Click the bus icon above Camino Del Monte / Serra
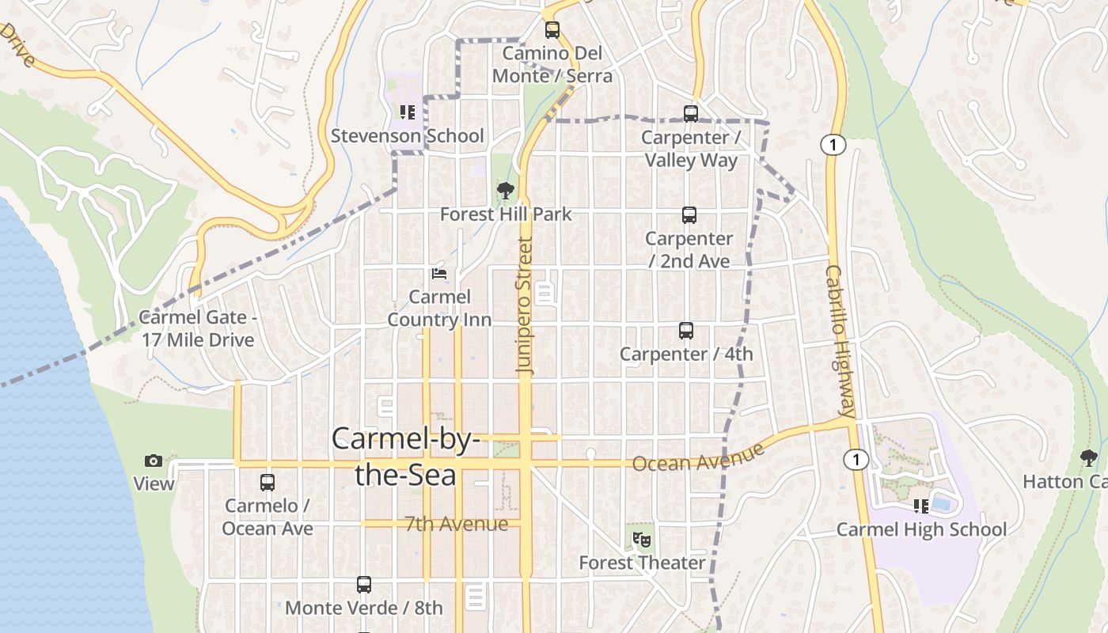pyautogui.click(x=552, y=30)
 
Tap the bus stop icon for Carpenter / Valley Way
pyautogui.click(x=691, y=114)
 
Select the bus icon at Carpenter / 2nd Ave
pyautogui.click(x=689, y=215)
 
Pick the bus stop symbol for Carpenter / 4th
pyautogui.click(x=686, y=331)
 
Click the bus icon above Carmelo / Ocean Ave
pyautogui.click(x=268, y=483)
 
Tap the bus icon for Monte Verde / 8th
pyautogui.click(x=364, y=585)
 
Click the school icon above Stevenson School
pyautogui.click(x=408, y=112)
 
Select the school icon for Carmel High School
pyautogui.click(x=920, y=506)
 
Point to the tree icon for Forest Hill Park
pyautogui.click(x=505, y=191)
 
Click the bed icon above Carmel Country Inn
pyautogui.click(x=439, y=274)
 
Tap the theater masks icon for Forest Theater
pyautogui.click(x=642, y=540)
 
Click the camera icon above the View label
pyautogui.click(x=154, y=461)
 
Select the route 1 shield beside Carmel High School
pyautogui.click(x=856, y=460)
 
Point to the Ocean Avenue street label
pyautogui.click(x=698, y=457)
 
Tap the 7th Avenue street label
pyautogui.click(x=456, y=524)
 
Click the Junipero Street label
pyautogui.click(x=526, y=305)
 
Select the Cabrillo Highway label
pyautogui.click(x=840, y=340)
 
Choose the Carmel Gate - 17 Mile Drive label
pyautogui.click(x=198, y=328)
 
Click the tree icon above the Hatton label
pyautogui.click(x=1089, y=457)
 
